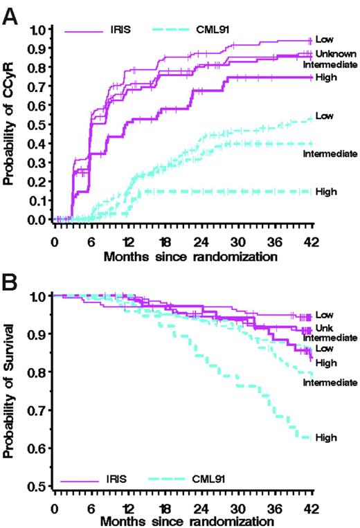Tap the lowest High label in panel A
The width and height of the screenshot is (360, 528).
[325, 191]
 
